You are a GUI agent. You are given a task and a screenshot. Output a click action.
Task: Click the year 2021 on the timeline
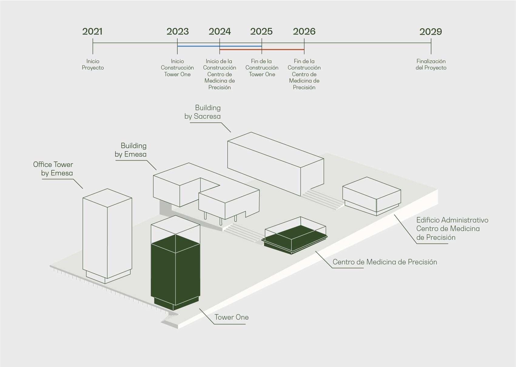coord(92,32)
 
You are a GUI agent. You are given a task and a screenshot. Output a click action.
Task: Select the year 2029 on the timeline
coord(431,32)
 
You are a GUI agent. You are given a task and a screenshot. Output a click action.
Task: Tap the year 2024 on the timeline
coord(220,32)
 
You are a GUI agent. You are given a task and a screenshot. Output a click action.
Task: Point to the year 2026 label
coord(304,32)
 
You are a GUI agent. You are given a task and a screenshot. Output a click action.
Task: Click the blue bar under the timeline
coord(219,46)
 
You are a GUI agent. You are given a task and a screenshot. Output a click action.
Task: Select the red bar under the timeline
coord(262,49)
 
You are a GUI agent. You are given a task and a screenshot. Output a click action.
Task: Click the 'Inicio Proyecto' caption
coord(93,64)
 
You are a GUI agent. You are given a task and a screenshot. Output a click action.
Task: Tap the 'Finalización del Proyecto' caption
coord(431,64)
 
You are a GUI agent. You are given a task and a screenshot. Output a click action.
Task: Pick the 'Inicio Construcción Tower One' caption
coord(177,68)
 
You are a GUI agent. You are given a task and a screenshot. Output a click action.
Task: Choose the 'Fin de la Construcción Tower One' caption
coord(262,68)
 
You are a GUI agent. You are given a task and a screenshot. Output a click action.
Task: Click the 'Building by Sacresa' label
coord(203,112)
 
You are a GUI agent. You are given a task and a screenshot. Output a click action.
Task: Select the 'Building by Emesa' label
coord(131,150)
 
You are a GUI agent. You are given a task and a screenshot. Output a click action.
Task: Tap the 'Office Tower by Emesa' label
coord(53,169)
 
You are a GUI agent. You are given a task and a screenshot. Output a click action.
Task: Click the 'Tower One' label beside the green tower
coord(232,317)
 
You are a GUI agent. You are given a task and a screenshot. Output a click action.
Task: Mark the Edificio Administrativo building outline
coord(372,196)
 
